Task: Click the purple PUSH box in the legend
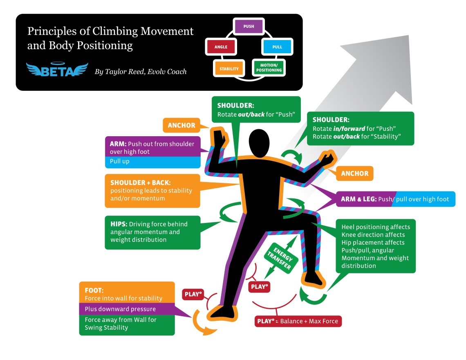[249, 27]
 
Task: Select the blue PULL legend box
[277, 47]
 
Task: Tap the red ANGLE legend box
[221, 47]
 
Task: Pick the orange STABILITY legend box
[229, 69]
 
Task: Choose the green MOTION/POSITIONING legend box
[269, 67]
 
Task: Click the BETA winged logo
[57, 70]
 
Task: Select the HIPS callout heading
[118, 224]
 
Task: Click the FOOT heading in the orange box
[94, 290]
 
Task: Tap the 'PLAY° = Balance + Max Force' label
[297, 321]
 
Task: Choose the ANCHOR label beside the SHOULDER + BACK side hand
[181, 125]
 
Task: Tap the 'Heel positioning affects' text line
[376, 227]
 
